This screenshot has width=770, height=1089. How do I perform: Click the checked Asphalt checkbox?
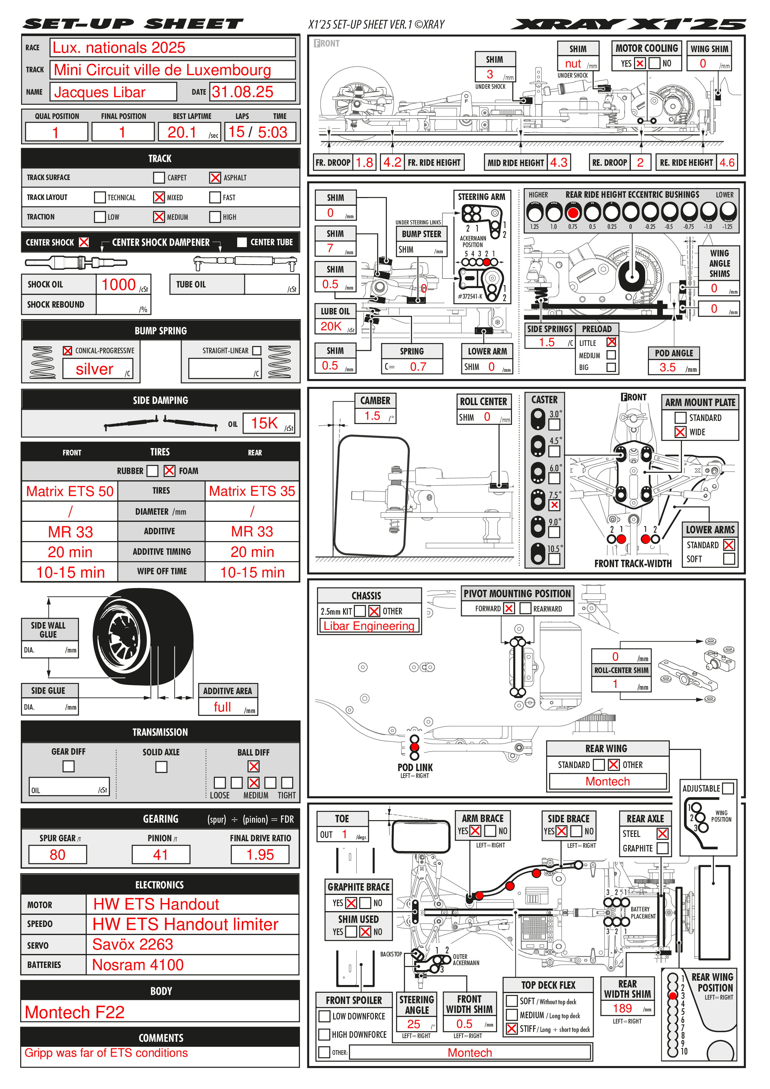(215, 177)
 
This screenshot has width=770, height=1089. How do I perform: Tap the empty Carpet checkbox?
(159, 177)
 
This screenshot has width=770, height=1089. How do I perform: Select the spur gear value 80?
(57, 855)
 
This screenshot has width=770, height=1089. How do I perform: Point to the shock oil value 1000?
(119, 285)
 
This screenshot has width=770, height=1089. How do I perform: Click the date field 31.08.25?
(243, 92)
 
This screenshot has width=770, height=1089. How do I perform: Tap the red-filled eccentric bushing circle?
(573, 212)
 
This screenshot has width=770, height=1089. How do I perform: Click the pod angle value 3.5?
(668, 367)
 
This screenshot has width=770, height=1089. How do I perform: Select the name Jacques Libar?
(100, 92)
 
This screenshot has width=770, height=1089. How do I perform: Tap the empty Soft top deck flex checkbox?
(511, 1001)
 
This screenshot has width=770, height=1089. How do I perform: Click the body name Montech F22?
(75, 1012)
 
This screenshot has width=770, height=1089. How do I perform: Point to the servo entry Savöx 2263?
(133, 944)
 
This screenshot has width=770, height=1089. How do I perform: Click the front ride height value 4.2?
(392, 162)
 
